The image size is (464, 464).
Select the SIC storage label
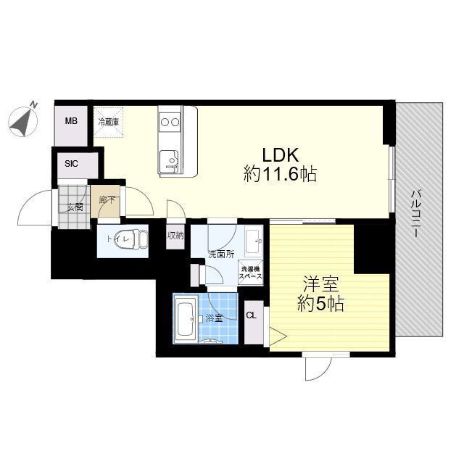(72, 163)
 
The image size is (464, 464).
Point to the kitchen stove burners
(170, 120)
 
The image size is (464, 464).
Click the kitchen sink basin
(169, 159)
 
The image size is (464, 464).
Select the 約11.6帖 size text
(281, 174)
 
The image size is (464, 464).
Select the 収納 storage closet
(175, 236)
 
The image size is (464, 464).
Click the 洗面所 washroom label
(220, 254)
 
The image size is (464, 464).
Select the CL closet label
(251, 315)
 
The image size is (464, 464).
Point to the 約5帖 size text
(319, 304)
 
